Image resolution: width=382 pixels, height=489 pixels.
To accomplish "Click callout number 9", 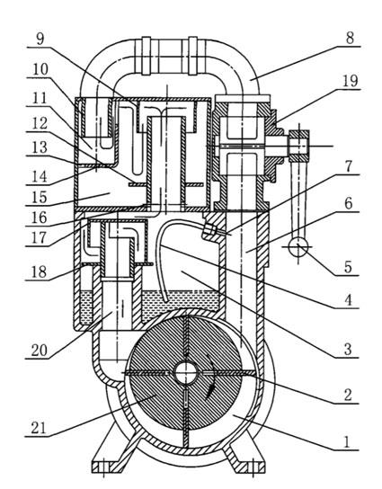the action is (40, 39).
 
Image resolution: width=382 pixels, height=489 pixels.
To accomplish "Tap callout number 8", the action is (350, 39).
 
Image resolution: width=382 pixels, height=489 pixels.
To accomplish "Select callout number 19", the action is (351, 82).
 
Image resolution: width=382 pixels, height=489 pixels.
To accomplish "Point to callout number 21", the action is (39, 429).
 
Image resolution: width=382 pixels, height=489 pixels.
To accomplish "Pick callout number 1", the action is (347, 442).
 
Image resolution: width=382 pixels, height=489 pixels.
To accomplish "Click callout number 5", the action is (348, 267).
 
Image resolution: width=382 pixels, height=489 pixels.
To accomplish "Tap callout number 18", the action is (39, 272).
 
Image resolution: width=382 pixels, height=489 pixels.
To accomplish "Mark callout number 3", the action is (347, 350).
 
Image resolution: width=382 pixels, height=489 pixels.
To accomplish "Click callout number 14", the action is (40, 176).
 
